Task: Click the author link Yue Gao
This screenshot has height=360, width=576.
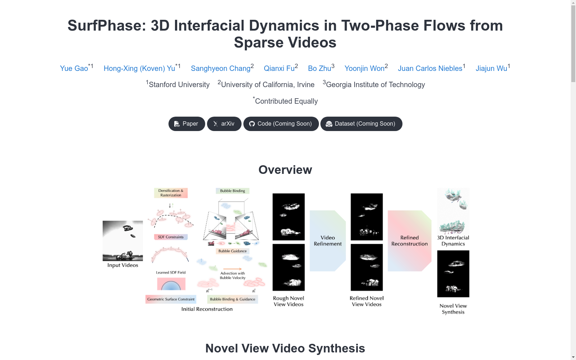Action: click(x=74, y=68)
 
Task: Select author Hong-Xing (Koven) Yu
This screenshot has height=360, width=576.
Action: click(x=139, y=68)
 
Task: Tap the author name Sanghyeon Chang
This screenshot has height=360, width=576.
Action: click(x=221, y=68)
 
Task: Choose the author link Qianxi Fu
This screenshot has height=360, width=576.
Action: click(x=279, y=68)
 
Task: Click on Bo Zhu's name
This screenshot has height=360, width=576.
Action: click(x=320, y=68)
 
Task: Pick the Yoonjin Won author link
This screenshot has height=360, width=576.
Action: click(x=365, y=68)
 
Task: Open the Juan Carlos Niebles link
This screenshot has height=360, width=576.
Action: click(x=430, y=68)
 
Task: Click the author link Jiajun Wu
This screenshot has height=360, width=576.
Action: click(x=491, y=68)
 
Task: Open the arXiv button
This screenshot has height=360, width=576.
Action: click(x=224, y=124)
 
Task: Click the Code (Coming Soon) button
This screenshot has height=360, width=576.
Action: click(x=281, y=124)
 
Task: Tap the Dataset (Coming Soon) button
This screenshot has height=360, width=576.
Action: click(x=361, y=124)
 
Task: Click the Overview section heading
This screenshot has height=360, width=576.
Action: click(x=285, y=170)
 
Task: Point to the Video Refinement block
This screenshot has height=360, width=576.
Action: click(x=328, y=241)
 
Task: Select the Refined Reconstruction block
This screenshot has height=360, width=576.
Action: click(x=409, y=241)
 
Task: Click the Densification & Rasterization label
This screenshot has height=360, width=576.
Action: click(x=171, y=193)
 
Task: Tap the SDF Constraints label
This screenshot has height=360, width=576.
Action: click(x=171, y=237)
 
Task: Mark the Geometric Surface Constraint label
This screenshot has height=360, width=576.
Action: click(x=171, y=299)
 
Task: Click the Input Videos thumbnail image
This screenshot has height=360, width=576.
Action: click(x=123, y=241)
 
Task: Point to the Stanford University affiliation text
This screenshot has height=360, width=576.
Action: click(x=178, y=85)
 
